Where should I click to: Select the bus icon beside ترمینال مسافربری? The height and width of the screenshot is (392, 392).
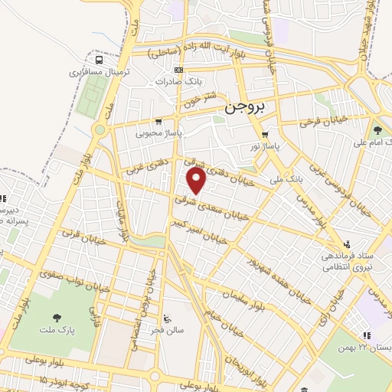[x=98, y=60]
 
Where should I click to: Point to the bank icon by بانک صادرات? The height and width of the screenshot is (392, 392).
[x=178, y=70]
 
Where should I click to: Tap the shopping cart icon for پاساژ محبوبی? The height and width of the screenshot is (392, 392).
[x=158, y=121]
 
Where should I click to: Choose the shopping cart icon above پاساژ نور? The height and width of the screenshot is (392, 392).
[x=265, y=134]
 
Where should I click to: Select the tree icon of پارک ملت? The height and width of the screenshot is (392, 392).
[x=57, y=318]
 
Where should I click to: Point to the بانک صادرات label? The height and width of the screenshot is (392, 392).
[x=178, y=82]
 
